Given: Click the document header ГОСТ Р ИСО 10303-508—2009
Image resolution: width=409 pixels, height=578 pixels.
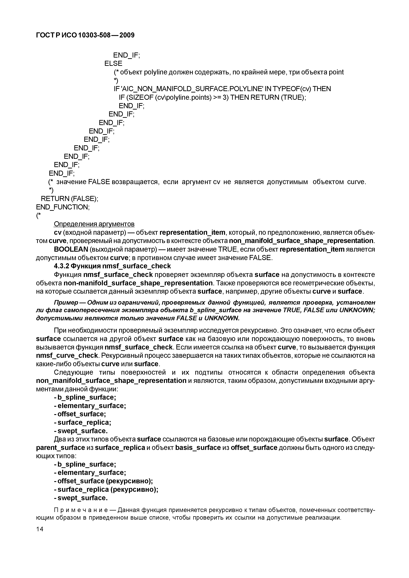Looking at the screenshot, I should (x=85, y=35).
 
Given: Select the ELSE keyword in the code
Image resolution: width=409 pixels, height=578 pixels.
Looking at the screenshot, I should (x=113, y=63).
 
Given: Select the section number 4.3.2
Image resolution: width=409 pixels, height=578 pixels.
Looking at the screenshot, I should (x=62, y=266).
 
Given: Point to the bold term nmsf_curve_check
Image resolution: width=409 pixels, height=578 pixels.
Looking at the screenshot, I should (x=67, y=355).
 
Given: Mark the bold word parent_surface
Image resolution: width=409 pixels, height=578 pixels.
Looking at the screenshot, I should (x=60, y=448).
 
